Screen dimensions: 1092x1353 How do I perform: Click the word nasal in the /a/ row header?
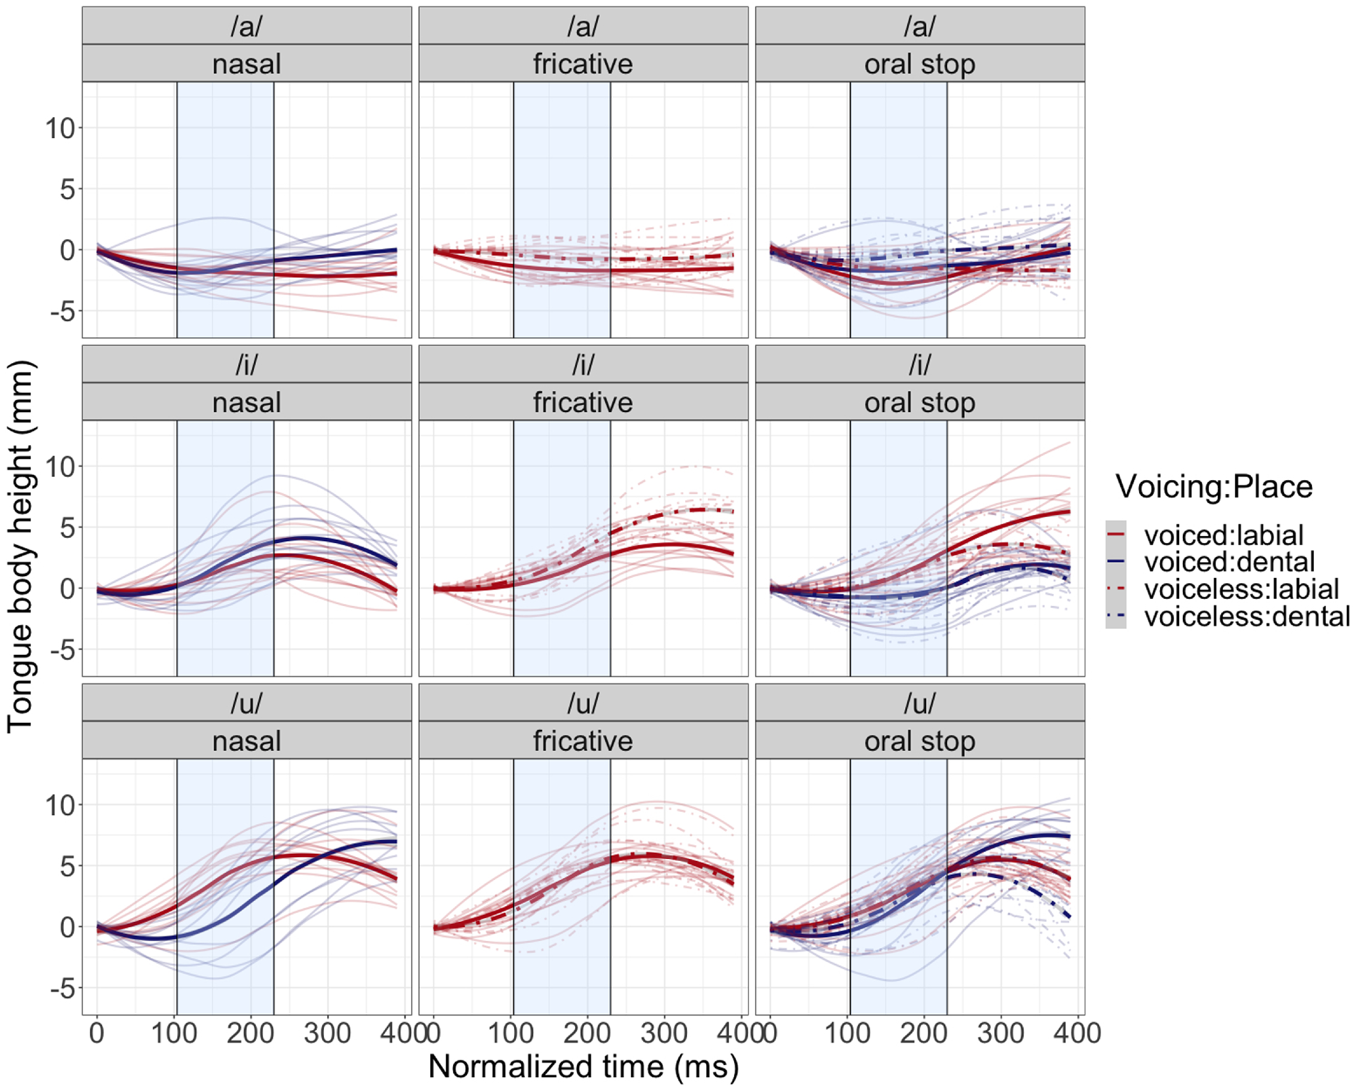[x=247, y=64]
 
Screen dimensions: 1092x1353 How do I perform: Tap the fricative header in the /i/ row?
[x=583, y=403]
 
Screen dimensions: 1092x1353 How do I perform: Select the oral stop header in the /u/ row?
[x=920, y=741]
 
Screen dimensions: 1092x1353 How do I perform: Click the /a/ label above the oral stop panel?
[x=920, y=27]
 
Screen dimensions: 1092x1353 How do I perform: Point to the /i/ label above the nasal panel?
[x=247, y=365]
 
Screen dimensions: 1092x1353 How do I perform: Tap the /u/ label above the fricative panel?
[x=583, y=703]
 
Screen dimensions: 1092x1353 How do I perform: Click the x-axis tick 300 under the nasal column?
[x=327, y=1033]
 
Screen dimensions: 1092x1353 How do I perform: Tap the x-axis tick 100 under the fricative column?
[x=511, y=1033]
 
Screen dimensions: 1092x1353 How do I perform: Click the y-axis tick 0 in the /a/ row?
[x=67, y=250]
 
